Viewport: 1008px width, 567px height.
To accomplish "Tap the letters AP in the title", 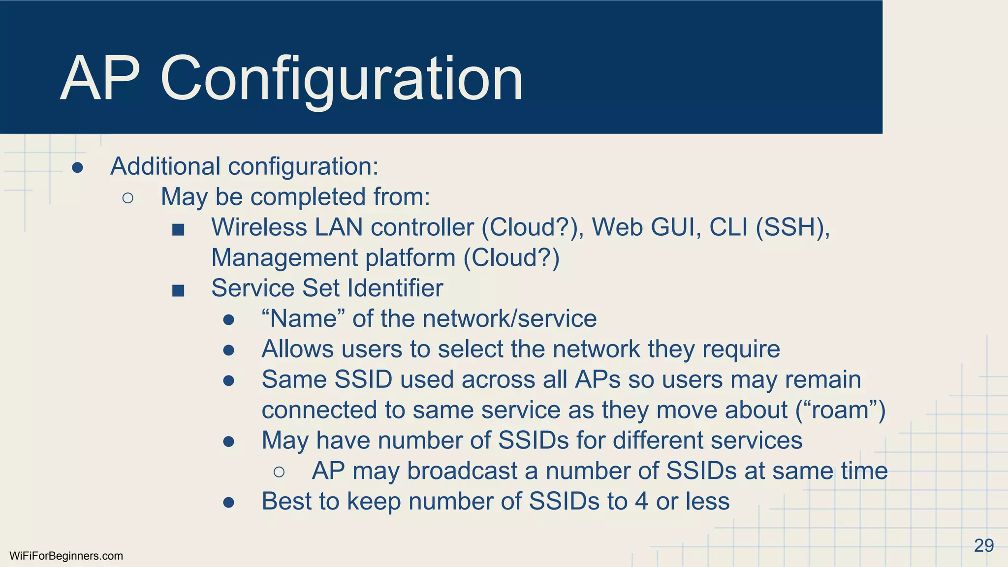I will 100,79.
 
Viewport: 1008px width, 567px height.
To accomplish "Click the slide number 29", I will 983,545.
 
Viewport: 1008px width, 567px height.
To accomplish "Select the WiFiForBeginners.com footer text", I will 66,556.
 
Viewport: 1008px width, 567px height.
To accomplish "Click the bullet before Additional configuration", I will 77,168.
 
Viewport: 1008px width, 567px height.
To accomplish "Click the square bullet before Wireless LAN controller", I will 178,229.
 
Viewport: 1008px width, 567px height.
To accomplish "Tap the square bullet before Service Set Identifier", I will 178,290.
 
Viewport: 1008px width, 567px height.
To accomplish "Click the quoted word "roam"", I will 841,410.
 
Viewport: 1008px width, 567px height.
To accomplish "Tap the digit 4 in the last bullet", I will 641,502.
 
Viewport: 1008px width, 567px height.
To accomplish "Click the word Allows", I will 297,349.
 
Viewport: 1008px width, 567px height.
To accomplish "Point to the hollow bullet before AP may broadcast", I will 279,472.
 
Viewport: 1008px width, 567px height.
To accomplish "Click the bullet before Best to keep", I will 228,503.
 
